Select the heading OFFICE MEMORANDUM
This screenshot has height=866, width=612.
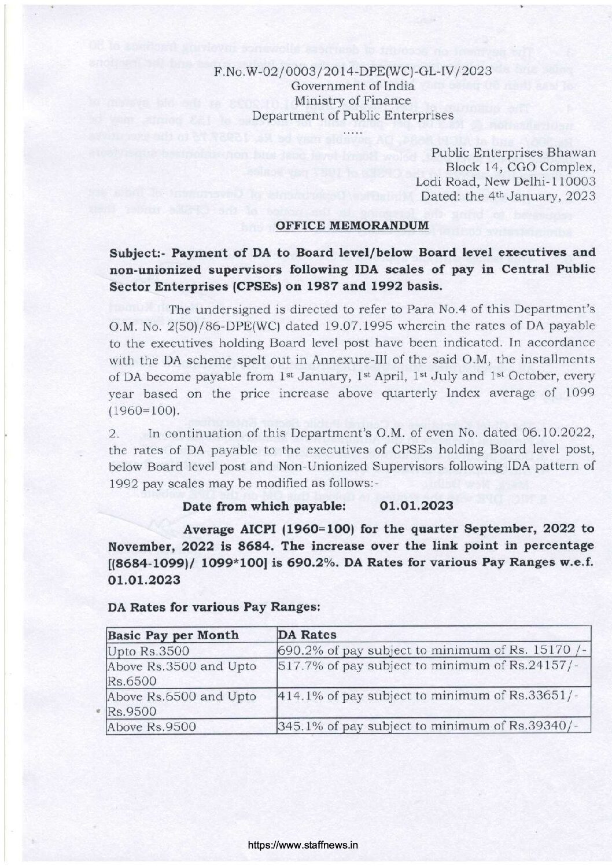[x=352, y=224]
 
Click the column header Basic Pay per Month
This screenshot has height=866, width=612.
[x=174, y=635]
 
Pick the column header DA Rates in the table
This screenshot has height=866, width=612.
[x=307, y=635]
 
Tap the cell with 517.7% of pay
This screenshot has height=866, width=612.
[x=433, y=666]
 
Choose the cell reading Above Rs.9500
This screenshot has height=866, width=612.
[x=152, y=727]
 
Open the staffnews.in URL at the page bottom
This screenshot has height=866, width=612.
[x=303, y=845]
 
